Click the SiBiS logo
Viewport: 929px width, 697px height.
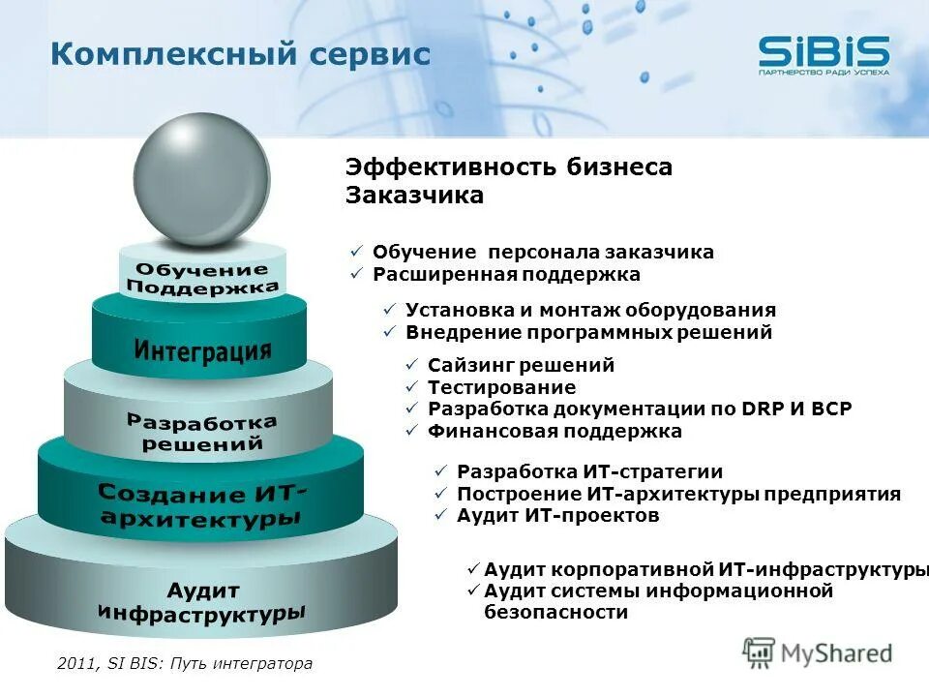point(823,53)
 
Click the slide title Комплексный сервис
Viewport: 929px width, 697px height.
point(240,54)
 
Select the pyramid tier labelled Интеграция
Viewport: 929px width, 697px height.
point(201,348)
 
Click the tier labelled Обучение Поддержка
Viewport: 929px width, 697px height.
point(202,278)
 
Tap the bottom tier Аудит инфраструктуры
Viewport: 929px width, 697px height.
point(201,600)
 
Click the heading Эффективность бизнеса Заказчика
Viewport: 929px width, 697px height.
point(508,181)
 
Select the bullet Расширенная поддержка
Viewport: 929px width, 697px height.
point(506,274)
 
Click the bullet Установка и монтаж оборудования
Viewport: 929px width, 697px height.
point(590,311)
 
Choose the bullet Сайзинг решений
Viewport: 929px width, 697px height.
point(521,366)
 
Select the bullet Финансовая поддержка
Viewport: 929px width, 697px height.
point(554,431)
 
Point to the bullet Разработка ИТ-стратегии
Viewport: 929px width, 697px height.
point(589,472)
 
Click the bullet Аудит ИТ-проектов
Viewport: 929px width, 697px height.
point(557,516)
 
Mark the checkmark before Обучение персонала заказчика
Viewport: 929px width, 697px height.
point(355,253)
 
